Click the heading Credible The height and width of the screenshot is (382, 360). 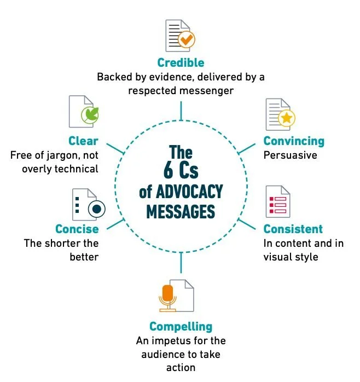pyautogui.click(x=180, y=62)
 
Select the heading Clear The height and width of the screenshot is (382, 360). pyautogui.click(x=83, y=141)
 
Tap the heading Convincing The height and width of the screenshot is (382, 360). pyautogui.click(x=294, y=141)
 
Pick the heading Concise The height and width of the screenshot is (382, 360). pyautogui.click(x=77, y=229)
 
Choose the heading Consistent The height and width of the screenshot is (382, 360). pyautogui.click(x=293, y=229)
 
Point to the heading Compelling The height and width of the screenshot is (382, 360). pyautogui.click(x=181, y=327)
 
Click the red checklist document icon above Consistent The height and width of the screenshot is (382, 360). pyautogui.click(x=277, y=202)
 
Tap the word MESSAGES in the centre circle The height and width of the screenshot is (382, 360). pyautogui.click(x=181, y=211)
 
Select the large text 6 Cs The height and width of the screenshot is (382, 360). pyautogui.click(x=181, y=171)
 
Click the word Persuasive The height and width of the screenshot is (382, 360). pyautogui.click(x=290, y=155)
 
